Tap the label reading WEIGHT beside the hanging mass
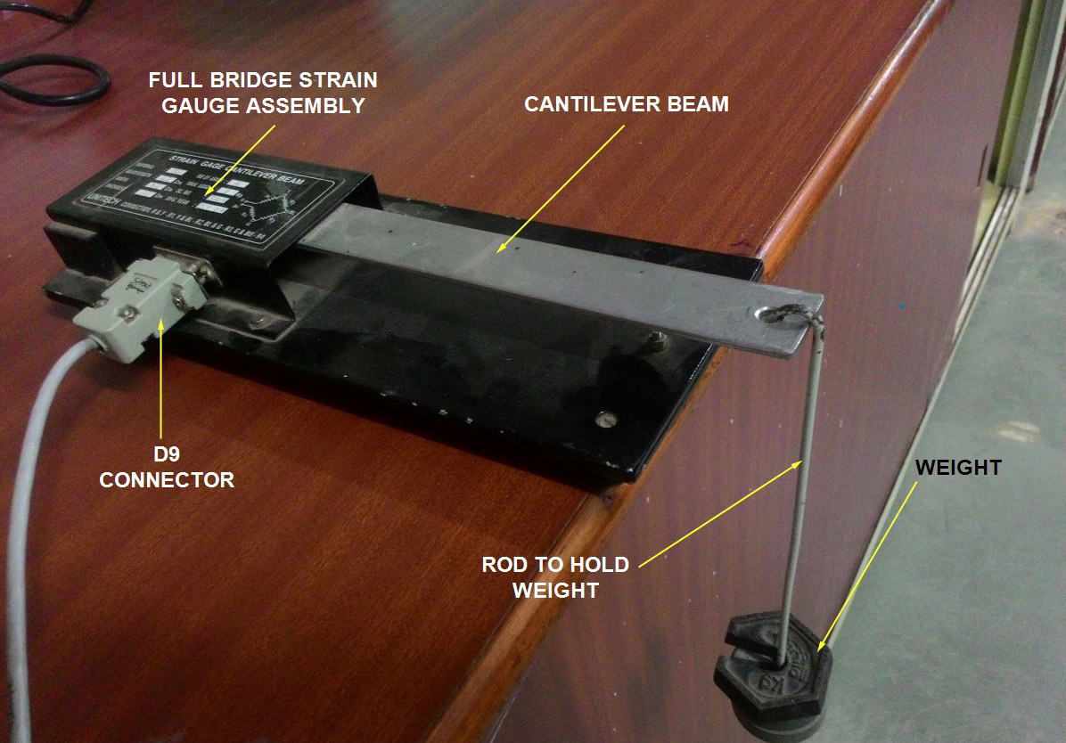(956, 467)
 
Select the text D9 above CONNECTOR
(167, 454)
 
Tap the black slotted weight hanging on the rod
(772, 667)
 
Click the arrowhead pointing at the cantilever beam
(501, 251)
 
